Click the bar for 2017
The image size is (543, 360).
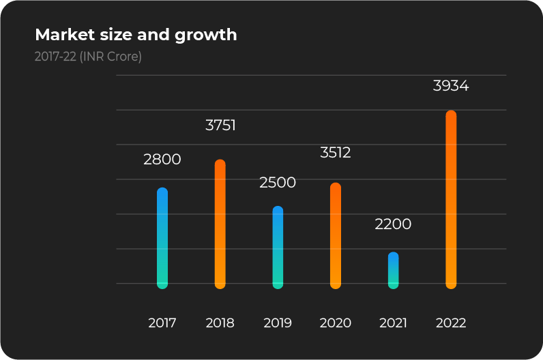pyautogui.click(x=162, y=238)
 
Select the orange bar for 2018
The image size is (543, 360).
pyautogui.click(x=220, y=224)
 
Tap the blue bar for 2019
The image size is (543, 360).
pyautogui.click(x=278, y=247)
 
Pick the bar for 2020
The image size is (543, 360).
pyautogui.click(x=336, y=236)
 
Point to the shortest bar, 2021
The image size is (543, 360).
pyautogui.click(x=394, y=271)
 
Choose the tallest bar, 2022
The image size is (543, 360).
pyautogui.click(x=451, y=200)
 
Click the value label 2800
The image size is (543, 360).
pyautogui.click(x=162, y=160)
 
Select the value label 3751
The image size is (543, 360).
pyautogui.click(x=220, y=125)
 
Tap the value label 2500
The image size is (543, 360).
pyautogui.click(x=278, y=183)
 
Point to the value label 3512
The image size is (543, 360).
pyautogui.click(x=336, y=153)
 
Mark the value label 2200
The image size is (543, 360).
pyautogui.click(x=394, y=224)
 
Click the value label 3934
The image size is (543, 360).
pyautogui.click(x=451, y=87)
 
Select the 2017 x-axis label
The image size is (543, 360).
pyautogui.click(x=162, y=323)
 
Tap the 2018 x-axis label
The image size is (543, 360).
pyautogui.click(x=220, y=323)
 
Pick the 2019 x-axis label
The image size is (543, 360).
pyautogui.click(x=278, y=323)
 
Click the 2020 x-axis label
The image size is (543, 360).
pyautogui.click(x=336, y=323)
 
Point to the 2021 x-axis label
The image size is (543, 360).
pyautogui.click(x=393, y=323)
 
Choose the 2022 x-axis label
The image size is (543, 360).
pyautogui.click(x=451, y=323)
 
